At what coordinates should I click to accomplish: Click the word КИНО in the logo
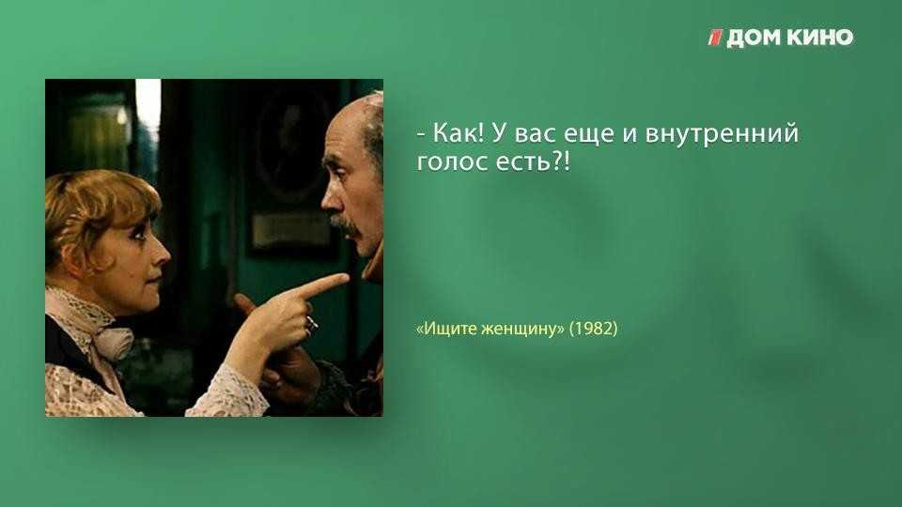(x=819, y=38)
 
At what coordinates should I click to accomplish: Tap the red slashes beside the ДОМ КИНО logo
(x=715, y=38)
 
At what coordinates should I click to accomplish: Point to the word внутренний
(x=722, y=134)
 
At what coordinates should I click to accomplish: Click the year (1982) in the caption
(x=593, y=329)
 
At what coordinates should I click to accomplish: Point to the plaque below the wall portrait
(x=286, y=229)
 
